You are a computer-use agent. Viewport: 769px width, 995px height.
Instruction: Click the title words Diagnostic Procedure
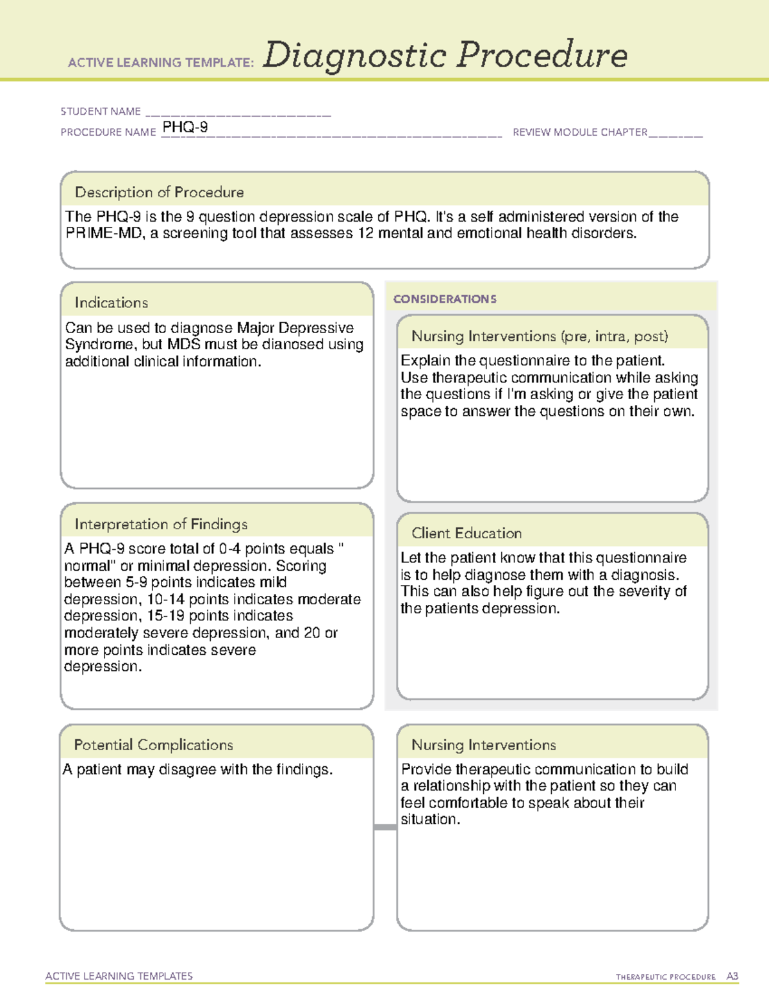tap(445, 56)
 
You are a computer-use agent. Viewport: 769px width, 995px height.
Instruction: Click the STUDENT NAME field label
tap(101, 111)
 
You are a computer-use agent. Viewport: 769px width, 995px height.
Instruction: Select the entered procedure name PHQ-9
tap(185, 127)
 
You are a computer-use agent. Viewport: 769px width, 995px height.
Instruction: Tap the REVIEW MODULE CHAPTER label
tap(580, 132)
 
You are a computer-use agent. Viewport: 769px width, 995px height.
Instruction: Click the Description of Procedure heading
tap(159, 192)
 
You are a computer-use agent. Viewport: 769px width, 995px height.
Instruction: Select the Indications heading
tap(111, 302)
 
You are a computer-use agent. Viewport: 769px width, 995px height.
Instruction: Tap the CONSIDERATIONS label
tap(445, 299)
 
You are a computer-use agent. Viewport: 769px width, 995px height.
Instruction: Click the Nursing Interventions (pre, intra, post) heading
tap(540, 336)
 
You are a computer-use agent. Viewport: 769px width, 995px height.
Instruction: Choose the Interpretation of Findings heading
tap(161, 524)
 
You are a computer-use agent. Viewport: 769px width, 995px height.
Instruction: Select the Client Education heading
tap(467, 533)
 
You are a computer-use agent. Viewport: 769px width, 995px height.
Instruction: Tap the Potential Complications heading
tap(153, 745)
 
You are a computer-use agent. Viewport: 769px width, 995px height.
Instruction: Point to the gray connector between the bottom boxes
tap(385, 827)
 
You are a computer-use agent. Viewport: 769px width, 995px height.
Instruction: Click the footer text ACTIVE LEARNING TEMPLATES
tap(119, 976)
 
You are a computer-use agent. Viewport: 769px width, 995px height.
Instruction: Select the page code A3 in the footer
tap(732, 976)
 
